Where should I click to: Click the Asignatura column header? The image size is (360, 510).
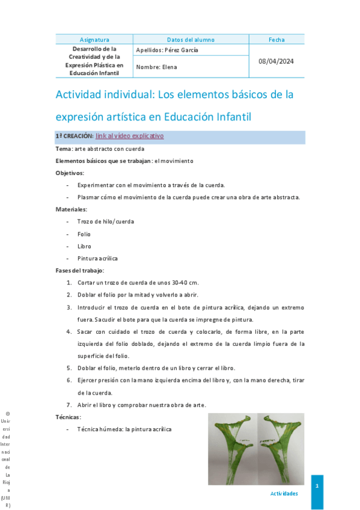[x=94, y=40]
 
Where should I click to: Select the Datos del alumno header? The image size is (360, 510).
[x=191, y=40]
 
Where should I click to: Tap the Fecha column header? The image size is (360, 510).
[x=276, y=40]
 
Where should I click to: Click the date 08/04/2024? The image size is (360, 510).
[x=276, y=61]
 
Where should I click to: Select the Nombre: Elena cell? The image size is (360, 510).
[x=157, y=67]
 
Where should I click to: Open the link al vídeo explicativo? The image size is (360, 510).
[x=129, y=136]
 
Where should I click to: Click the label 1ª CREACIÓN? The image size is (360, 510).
[x=75, y=137]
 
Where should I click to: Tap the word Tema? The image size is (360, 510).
[x=64, y=149]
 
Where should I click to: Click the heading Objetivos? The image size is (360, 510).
[x=70, y=173]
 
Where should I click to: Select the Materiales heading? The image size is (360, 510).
[x=72, y=209]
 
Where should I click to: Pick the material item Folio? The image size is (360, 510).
[x=84, y=234]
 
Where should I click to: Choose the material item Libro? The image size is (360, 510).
[x=84, y=246]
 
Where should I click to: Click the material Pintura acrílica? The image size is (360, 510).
[x=97, y=258]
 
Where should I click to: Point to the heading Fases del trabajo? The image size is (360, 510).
[x=80, y=271]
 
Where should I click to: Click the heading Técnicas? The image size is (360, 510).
[x=69, y=417]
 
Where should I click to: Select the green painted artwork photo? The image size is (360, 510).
[x=256, y=449]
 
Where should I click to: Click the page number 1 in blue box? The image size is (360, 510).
[x=317, y=485]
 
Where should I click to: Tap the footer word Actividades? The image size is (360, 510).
[x=284, y=493]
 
